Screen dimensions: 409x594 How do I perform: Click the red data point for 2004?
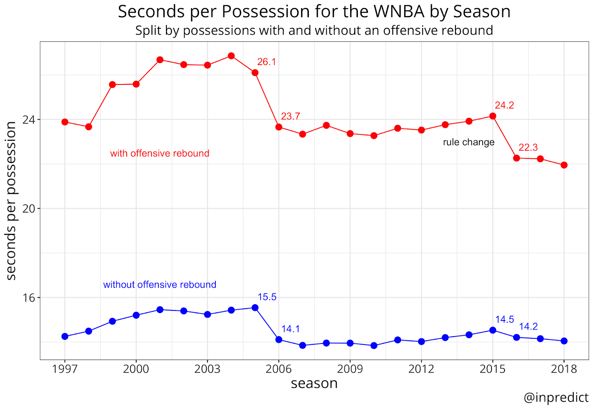[x=231, y=56]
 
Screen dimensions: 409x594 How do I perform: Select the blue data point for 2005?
[x=255, y=307]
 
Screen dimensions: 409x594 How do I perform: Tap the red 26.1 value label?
[x=267, y=62]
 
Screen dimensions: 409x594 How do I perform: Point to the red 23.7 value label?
[x=290, y=116]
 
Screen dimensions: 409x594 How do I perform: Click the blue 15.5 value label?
[x=267, y=297]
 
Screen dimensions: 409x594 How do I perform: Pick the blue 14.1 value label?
[x=290, y=329]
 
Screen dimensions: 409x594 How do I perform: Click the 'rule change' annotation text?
[x=469, y=142]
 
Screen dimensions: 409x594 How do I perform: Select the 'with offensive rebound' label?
[x=160, y=154]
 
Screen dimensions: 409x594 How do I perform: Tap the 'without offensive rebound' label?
[x=160, y=285]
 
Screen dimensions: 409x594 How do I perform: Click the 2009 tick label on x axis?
[x=350, y=369]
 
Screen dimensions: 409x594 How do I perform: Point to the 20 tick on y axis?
[x=29, y=209]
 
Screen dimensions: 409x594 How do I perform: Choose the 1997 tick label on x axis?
[x=65, y=369]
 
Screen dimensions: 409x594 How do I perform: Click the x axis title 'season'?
[x=314, y=383]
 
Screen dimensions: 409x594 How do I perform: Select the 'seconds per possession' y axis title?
[x=11, y=201]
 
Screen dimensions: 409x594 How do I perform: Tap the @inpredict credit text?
[x=556, y=397]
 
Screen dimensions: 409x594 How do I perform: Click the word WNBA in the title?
[x=399, y=12]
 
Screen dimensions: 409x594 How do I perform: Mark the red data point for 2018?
[x=564, y=165]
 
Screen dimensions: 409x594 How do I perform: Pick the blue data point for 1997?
[x=65, y=336]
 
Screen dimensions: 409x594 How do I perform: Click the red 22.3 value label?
[x=528, y=148]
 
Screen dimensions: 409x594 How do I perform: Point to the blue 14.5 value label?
[x=505, y=320]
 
